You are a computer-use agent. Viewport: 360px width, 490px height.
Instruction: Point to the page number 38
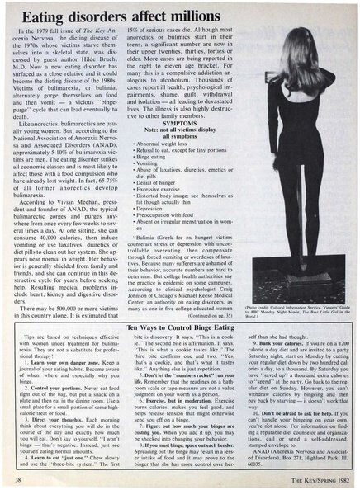(17, 477)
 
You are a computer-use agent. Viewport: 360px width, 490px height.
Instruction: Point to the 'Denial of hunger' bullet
(160, 182)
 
